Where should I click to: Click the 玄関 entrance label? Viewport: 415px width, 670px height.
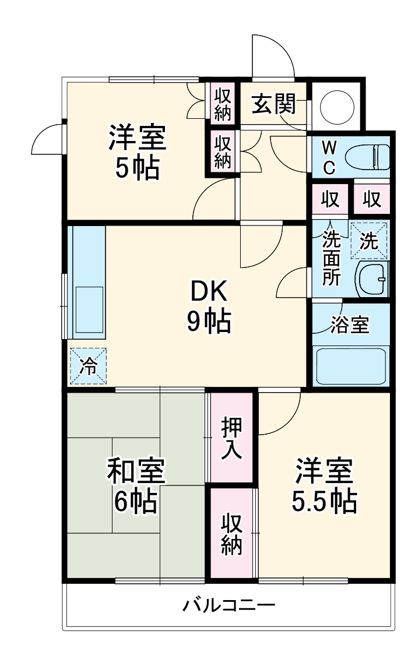point(273,104)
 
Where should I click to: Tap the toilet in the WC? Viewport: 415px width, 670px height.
point(367,156)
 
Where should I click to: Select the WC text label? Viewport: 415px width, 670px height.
point(329,156)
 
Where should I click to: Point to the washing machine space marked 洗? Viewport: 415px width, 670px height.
point(368,241)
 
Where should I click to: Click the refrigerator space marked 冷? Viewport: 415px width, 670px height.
point(89,366)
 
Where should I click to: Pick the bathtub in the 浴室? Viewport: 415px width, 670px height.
point(350,365)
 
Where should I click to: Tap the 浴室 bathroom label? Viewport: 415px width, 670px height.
point(350,325)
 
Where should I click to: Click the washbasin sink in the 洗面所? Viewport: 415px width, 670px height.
point(371,279)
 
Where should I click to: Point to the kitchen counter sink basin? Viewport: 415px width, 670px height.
point(89,309)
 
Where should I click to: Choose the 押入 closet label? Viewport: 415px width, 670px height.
point(231,438)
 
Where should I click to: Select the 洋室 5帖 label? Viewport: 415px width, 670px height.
point(138,153)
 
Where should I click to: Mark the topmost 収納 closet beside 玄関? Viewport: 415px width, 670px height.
point(223,104)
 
